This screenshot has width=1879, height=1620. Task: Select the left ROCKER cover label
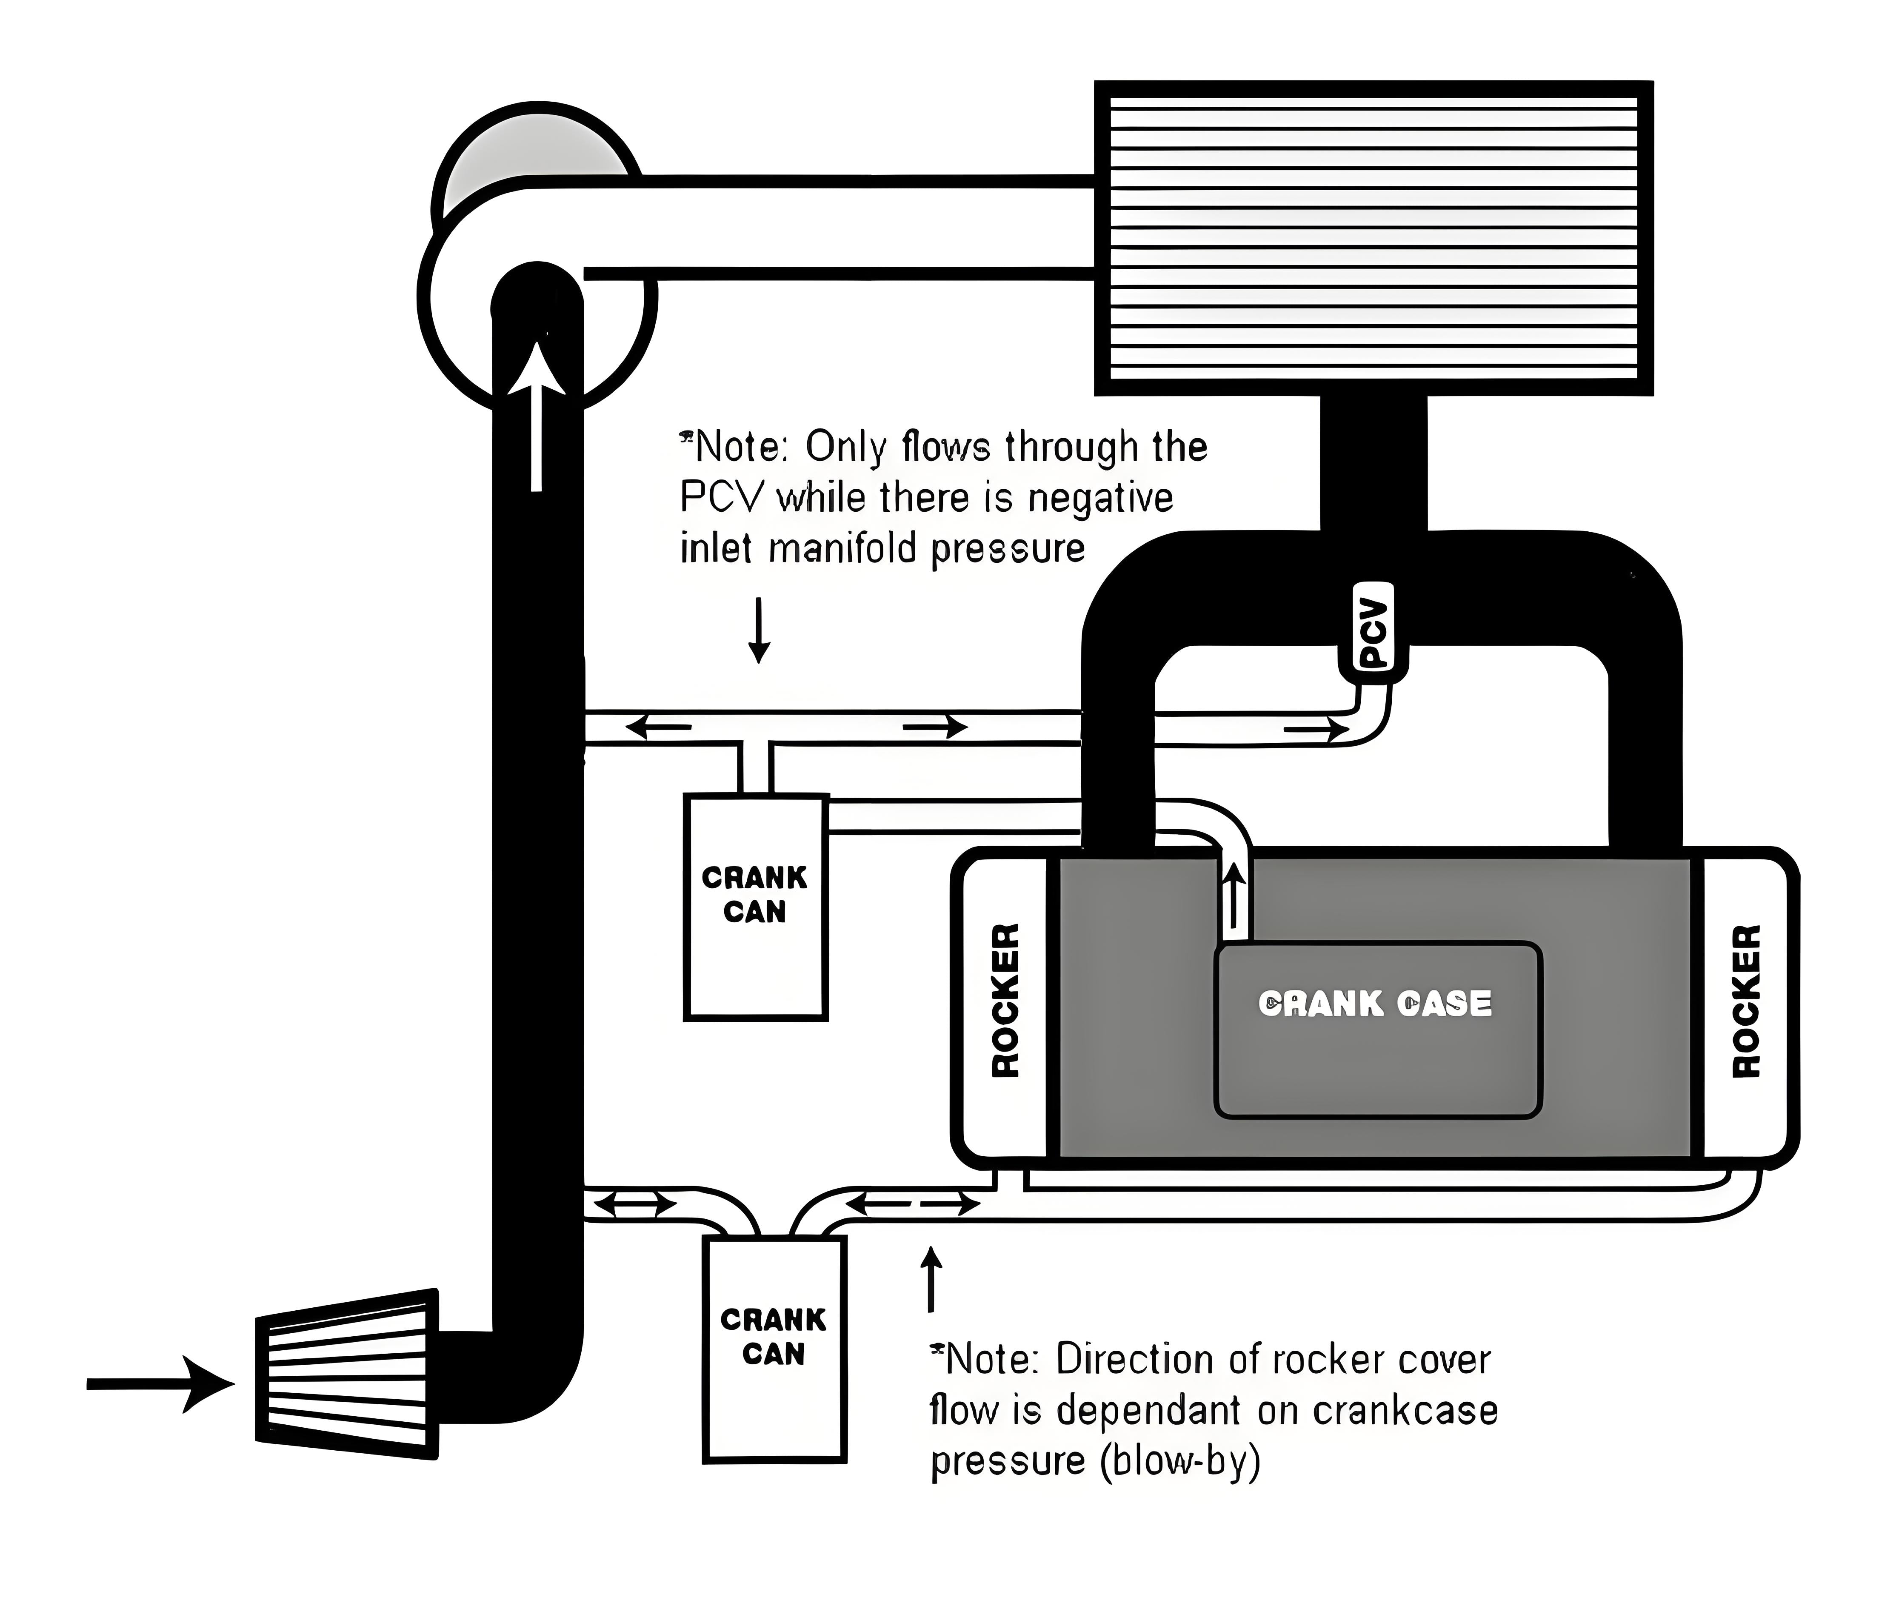(1006, 1001)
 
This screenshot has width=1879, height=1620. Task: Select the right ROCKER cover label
(1746, 1001)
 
